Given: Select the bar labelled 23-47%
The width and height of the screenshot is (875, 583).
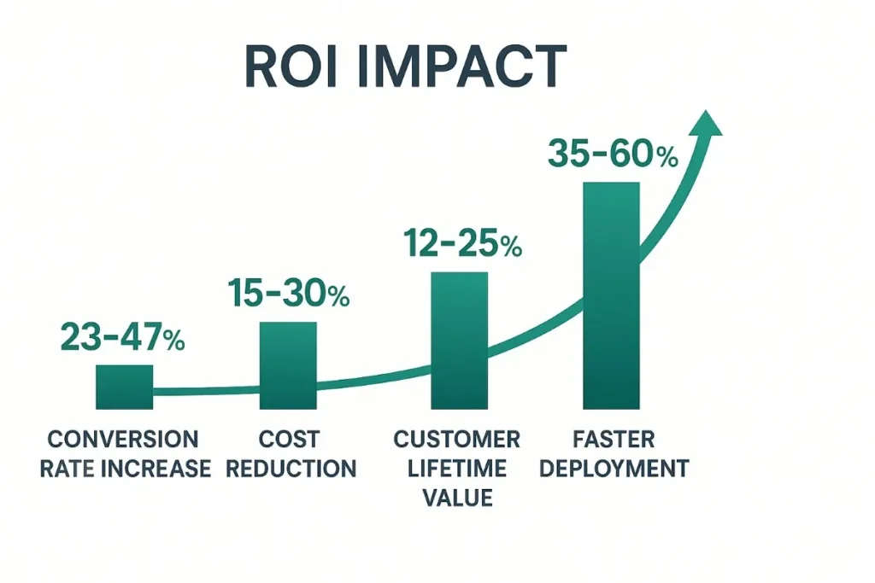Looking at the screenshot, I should click(x=124, y=387).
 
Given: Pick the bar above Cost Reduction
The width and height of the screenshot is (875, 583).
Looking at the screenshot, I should click(x=287, y=365).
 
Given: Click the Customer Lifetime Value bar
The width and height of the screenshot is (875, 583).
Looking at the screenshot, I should click(x=459, y=341).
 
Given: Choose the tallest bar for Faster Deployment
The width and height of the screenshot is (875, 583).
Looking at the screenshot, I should click(x=610, y=295).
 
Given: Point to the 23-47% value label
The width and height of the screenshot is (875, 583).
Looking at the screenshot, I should click(x=123, y=338).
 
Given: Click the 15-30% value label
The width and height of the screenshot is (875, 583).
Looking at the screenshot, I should click(x=289, y=294).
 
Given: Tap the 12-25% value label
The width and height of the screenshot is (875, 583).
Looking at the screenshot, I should click(x=461, y=245).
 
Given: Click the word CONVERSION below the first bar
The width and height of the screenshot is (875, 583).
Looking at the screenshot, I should click(x=123, y=440).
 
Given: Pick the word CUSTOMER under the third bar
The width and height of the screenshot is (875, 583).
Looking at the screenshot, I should click(x=457, y=440).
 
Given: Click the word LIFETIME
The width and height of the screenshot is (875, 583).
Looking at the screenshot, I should click(x=457, y=468).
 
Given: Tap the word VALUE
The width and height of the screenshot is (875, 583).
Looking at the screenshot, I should click(x=457, y=496).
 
